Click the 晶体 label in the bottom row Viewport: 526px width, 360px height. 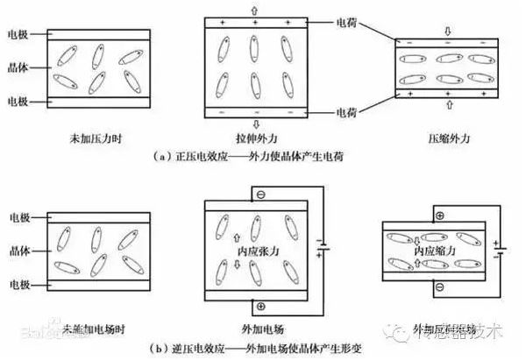pyautogui.click(x=17, y=251)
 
